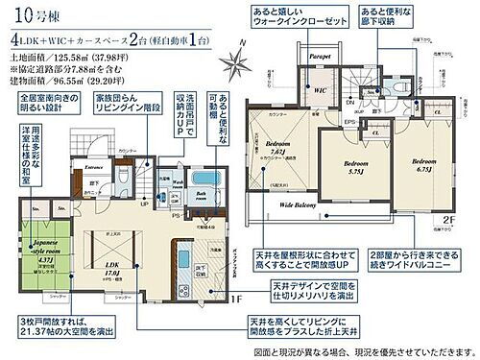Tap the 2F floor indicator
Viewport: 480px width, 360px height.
click(x=448, y=218)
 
